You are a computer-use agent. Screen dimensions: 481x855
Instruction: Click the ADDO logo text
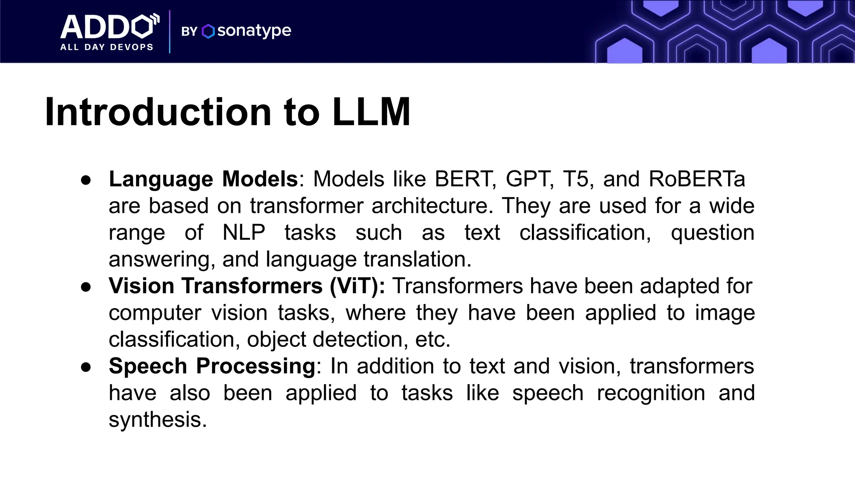[x=109, y=27]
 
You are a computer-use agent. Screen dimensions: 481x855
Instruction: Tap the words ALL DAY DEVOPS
[x=107, y=47]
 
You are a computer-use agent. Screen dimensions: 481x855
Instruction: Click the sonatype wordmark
[x=254, y=30]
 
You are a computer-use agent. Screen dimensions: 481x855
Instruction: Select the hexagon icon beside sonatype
[x=208, y=31]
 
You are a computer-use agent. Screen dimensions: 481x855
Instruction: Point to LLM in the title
[x=371, y=112]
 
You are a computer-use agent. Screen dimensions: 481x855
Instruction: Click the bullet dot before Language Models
[x=86, y=180]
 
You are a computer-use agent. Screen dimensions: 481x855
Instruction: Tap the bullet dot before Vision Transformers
[x=86, y=287]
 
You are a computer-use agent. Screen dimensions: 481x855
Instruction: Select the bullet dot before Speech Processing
[x=86, y=367]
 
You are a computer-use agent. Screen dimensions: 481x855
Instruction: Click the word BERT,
[x=465, y=179]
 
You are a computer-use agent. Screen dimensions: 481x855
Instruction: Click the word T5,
[x=578, y=179]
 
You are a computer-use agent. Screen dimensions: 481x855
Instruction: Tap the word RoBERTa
[x=697, y=179]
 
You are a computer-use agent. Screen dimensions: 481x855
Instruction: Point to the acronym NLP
[x=244, y=233]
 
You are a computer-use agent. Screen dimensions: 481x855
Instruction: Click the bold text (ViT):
[x=357, y=286]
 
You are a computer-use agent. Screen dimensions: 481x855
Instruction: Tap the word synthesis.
[x=158, y=420]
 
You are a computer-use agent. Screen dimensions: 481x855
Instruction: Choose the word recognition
[x=651, y=393]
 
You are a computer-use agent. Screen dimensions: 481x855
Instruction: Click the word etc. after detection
[x=433, y=339]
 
